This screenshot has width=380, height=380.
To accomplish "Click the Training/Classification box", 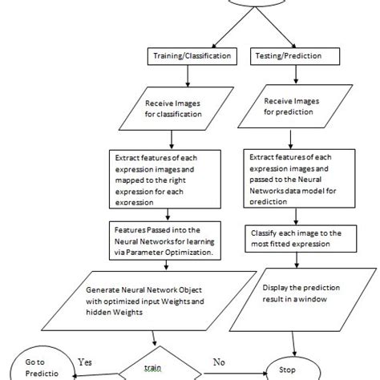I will click(188, 57).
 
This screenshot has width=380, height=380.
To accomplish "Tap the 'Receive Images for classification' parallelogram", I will click(186, 108).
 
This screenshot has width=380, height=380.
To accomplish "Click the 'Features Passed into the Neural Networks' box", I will click(171, 241).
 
